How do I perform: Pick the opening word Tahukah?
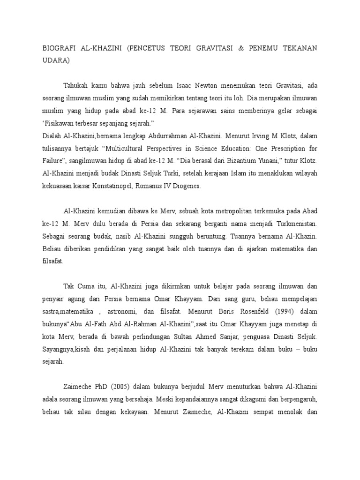pyautogui.click(x=78, y=86)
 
